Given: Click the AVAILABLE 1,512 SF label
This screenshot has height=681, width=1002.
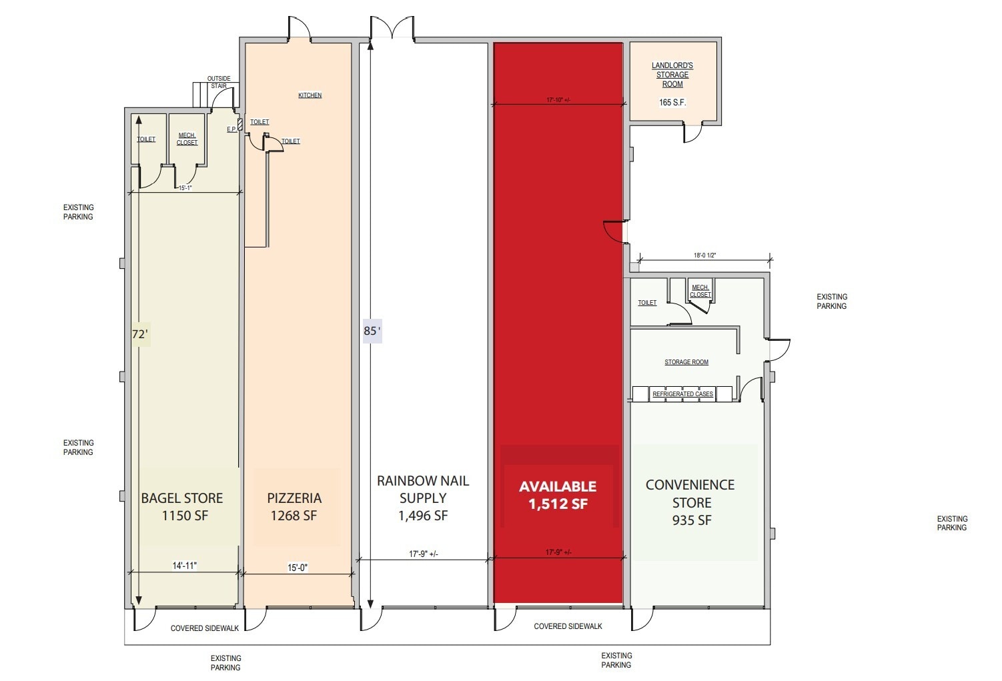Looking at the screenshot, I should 558,496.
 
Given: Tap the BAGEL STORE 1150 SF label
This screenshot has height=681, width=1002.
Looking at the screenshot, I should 182,507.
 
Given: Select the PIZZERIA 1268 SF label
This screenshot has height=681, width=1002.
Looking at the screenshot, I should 294,507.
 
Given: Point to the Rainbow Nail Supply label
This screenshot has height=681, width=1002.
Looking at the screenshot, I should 423,498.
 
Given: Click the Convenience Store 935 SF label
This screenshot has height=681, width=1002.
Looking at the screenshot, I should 690,502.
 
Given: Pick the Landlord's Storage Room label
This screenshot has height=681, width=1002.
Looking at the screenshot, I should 672,75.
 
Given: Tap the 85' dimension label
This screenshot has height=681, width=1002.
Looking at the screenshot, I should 372,331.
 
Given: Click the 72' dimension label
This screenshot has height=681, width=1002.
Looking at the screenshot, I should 139,334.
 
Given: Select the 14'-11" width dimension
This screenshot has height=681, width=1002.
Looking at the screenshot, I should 185,566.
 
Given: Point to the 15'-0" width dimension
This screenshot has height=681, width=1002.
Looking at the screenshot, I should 298,568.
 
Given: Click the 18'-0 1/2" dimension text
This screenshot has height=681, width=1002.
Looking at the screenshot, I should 704,255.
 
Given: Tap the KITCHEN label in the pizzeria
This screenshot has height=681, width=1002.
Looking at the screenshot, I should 310,95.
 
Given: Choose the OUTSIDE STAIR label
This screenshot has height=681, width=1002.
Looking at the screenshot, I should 218,82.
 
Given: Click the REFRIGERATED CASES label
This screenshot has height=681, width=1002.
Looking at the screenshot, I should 682,394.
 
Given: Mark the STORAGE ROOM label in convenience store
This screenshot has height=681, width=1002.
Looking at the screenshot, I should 686,362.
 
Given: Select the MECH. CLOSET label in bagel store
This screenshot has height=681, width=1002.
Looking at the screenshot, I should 187,139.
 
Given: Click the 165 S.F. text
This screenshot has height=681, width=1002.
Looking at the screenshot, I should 672,103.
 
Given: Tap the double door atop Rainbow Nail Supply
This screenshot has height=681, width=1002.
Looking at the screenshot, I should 392,30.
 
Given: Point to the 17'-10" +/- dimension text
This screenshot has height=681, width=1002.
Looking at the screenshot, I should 558,100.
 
